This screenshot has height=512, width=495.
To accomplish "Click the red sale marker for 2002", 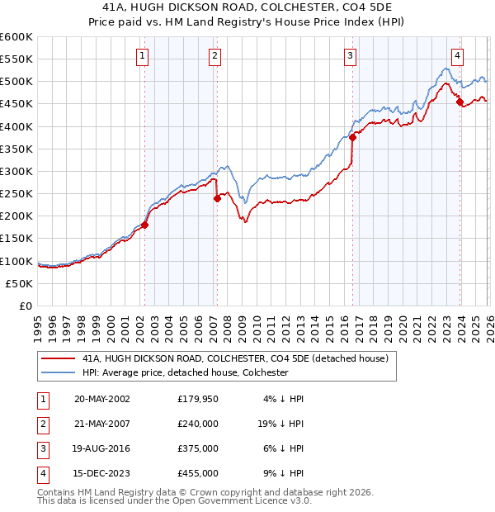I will pos(144,225).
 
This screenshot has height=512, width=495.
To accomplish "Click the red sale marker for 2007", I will pos(217,198).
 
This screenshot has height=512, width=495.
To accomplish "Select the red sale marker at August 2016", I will pos(351,138).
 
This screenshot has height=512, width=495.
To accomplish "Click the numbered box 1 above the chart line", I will pos(142,56).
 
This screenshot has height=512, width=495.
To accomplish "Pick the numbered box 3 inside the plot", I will pos(350,56).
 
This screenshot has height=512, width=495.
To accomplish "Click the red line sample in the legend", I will pos(57,358).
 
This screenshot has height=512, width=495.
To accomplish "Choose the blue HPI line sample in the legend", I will pos(57,372).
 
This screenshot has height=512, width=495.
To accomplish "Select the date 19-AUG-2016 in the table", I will pos(101,450).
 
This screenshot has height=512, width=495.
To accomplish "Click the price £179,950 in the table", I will pos(198,398).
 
